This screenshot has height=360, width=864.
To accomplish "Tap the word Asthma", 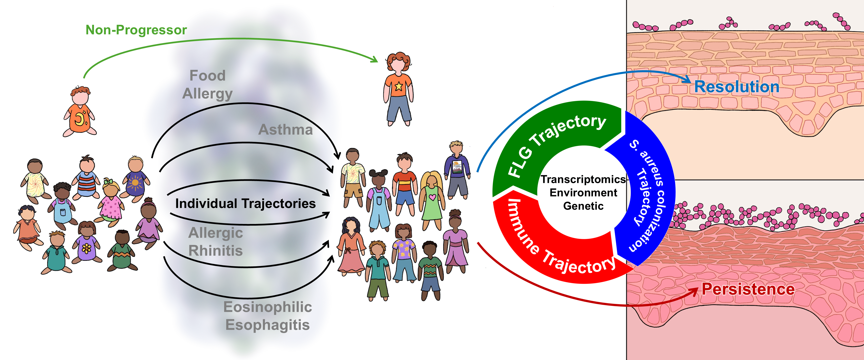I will [x=285, y=130].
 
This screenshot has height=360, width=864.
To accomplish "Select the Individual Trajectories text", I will [x=245, y=204].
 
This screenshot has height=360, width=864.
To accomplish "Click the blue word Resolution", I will [x=736, y=87].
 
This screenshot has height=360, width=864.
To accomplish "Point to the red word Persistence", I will [x=748, y=289].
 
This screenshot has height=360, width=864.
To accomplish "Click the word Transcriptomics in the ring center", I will [x=583, y=180].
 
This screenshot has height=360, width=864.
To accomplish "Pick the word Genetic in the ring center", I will [x=583, y=206].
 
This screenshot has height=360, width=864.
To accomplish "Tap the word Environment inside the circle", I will [x=583, y=193].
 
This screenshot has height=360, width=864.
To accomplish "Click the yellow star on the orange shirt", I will [x=399, y=86].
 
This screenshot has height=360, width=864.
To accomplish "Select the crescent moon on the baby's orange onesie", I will [x=79, y=118].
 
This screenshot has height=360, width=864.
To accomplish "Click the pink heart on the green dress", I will [x=432, y=197].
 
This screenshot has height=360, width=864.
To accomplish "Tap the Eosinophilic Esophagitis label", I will [x=268, y=316].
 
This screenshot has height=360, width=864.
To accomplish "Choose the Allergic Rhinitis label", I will [x=216, y=242].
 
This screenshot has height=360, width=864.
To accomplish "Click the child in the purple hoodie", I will [x=457, y=168].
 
